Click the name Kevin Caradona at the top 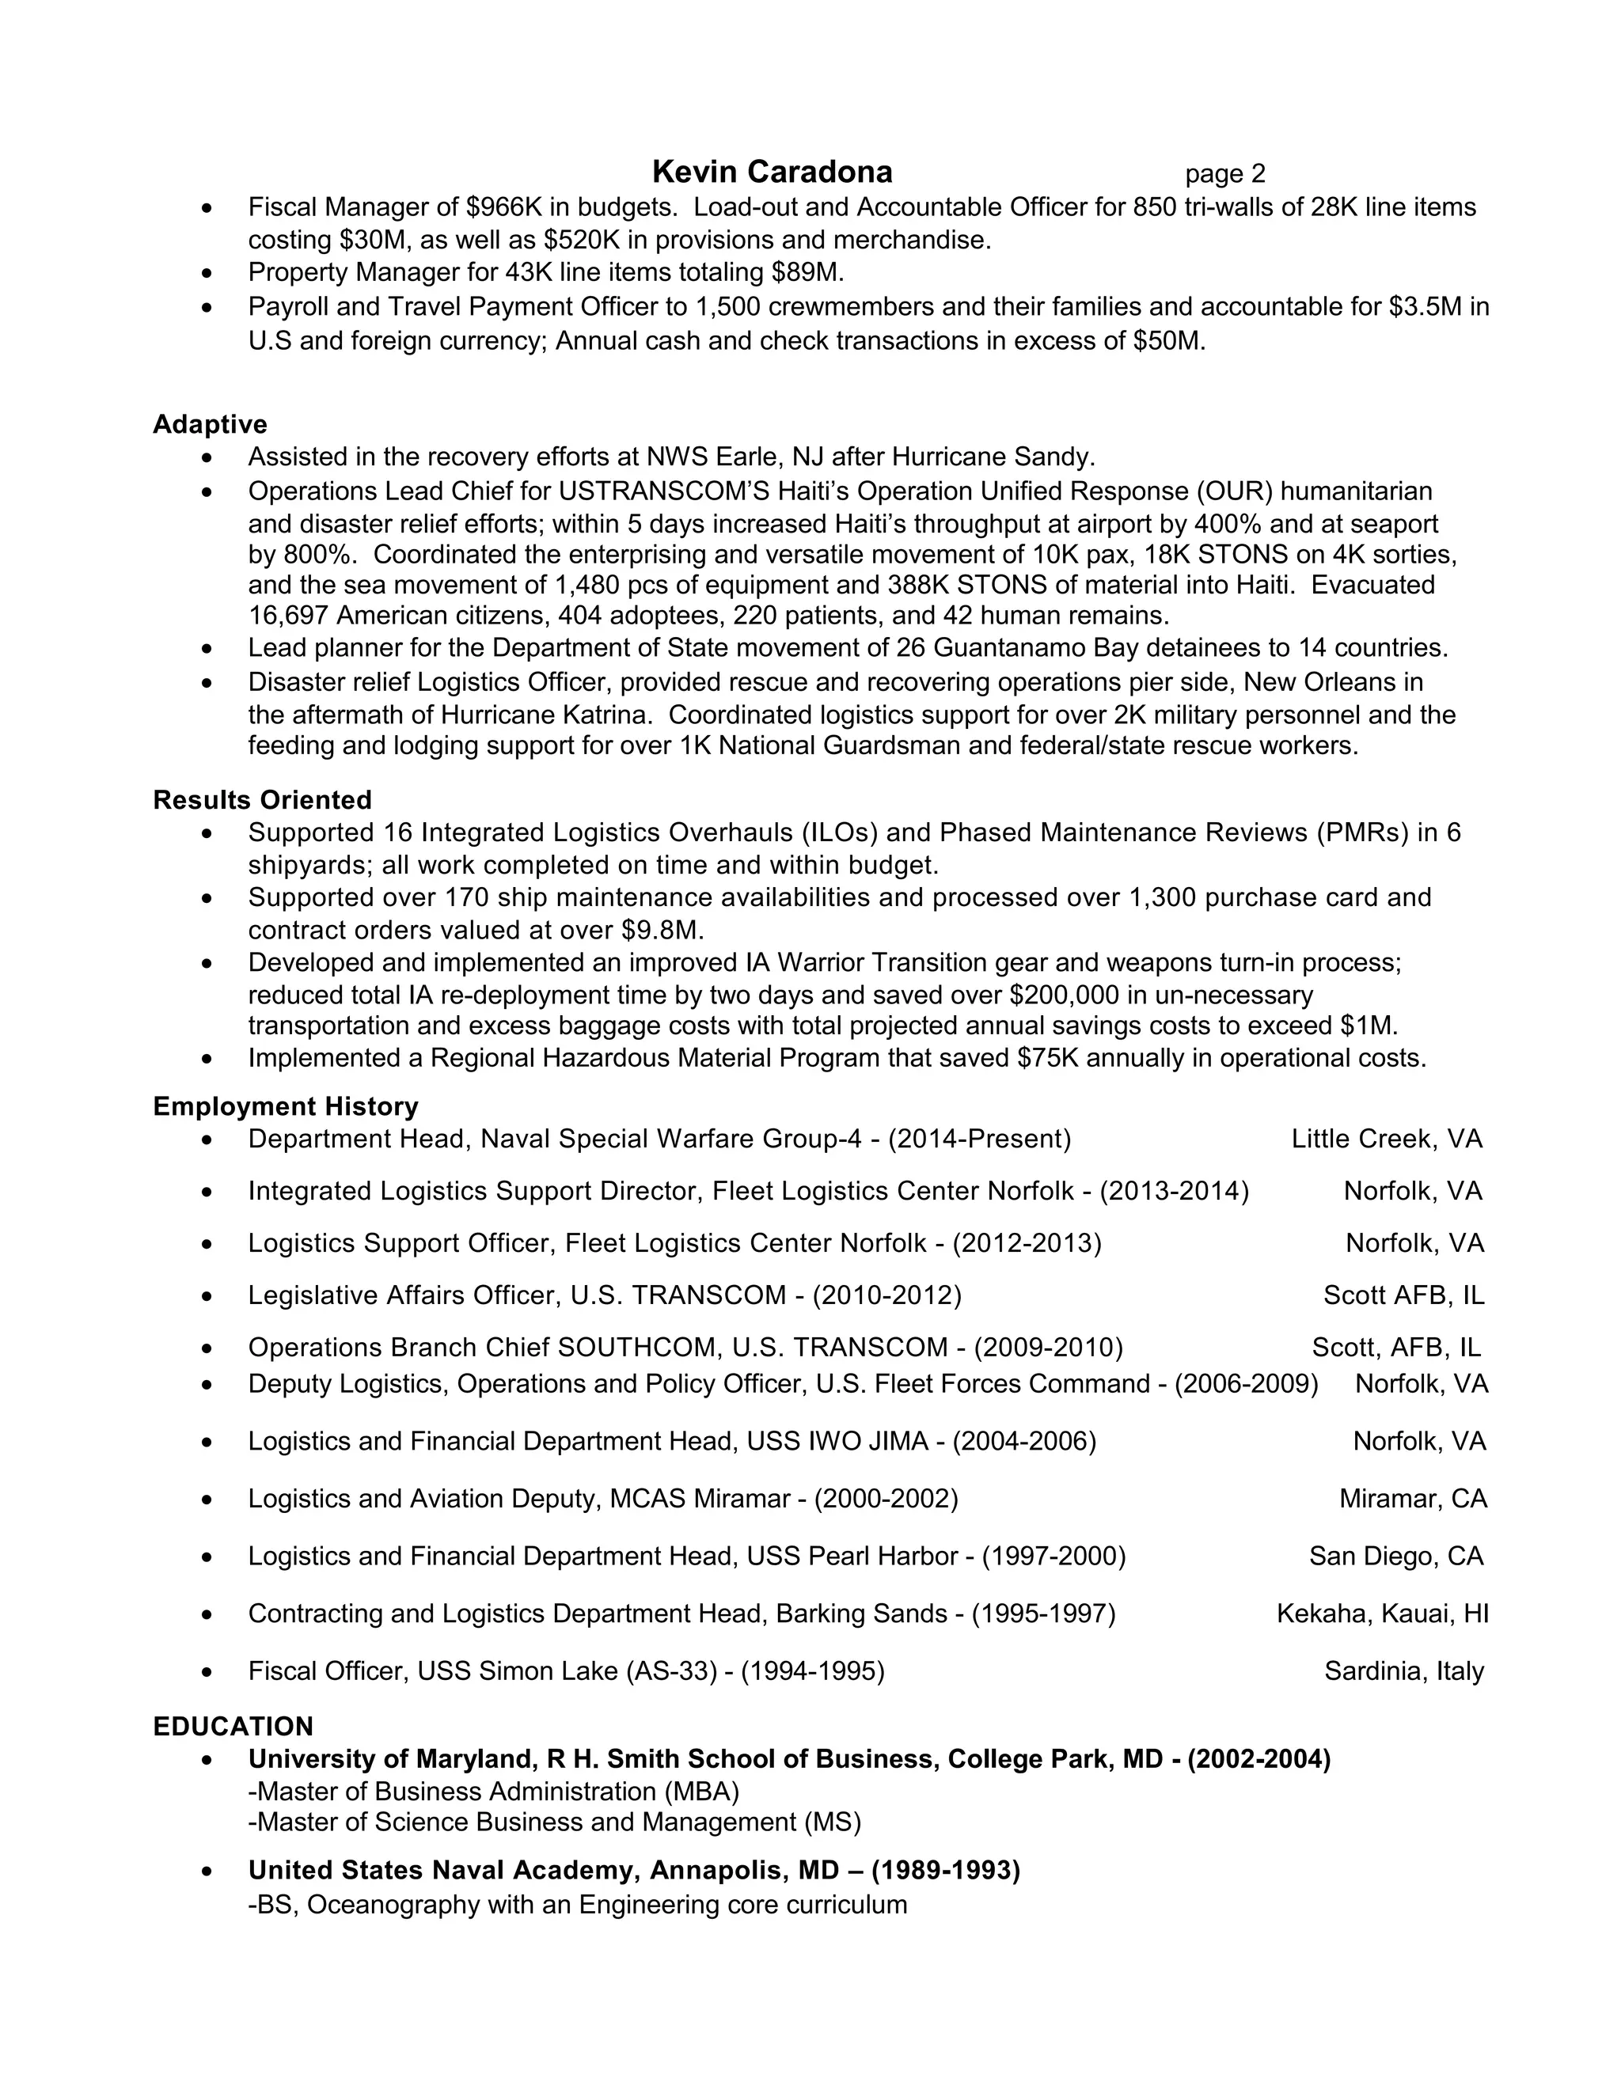click(x=772, y=172)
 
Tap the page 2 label click(x=1224, y=174)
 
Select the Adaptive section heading click(x=211, y=424)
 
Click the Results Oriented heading click(x=262, y=800)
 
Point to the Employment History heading click(x=285, y=1106)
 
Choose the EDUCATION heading click(x=233, y=1727)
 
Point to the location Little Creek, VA click(x=1387, y=1139)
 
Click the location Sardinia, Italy click(x=1404, y=1671)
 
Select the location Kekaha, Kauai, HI click(x=1382, y=1614)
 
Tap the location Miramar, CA click(x=1413, y=1499)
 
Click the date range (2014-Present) click(x=980, y=1139)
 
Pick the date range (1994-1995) click(x=812, y=1671)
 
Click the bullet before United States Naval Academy click(x=207, y=1872)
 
